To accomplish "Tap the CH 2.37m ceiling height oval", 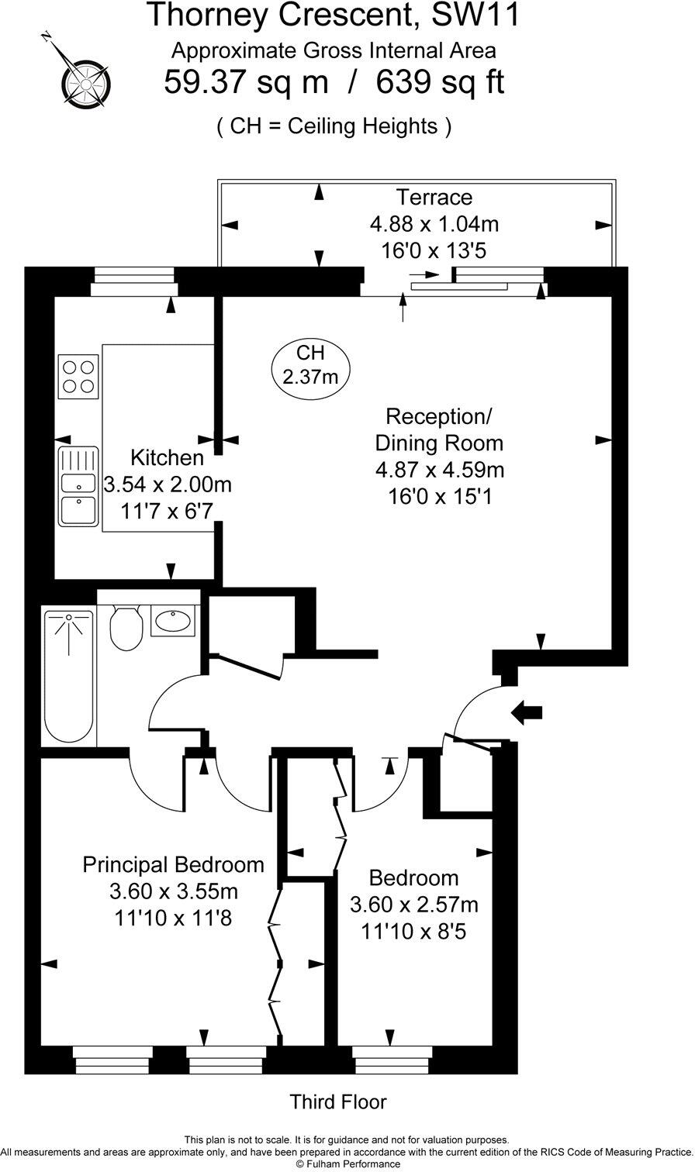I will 310,366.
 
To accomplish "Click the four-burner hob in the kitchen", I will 79,377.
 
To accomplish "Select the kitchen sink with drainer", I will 78,486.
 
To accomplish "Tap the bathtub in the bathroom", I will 68,677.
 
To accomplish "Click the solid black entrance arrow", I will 529,712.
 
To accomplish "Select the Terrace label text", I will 434,198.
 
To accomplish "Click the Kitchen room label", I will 167,457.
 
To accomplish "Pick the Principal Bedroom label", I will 173,864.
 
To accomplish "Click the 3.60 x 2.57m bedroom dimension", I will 414,905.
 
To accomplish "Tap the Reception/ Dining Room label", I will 439,429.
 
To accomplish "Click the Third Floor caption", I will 337,1101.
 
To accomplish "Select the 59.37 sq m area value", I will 246,82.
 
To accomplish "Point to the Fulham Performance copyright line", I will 347,1163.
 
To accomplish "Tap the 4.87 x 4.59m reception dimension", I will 439,470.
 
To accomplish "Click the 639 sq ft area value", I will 440,82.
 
